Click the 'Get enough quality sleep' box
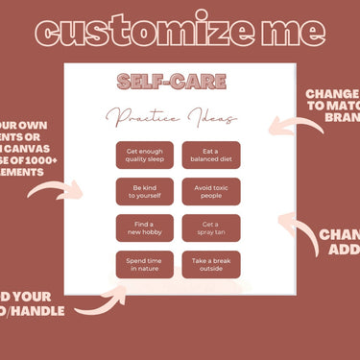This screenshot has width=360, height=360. point(145,156)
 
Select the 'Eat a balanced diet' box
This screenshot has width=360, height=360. point(210,156)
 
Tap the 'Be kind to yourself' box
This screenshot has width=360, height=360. point(145,192)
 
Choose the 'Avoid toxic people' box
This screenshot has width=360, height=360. point(210,192)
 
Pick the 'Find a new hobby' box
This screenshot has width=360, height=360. point(145,228)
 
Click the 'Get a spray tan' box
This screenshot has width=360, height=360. point(210,228)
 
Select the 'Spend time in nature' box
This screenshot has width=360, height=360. point(145,265)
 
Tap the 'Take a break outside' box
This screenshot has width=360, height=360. point(210,265)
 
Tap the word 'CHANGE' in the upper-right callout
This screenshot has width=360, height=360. point(332,94)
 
